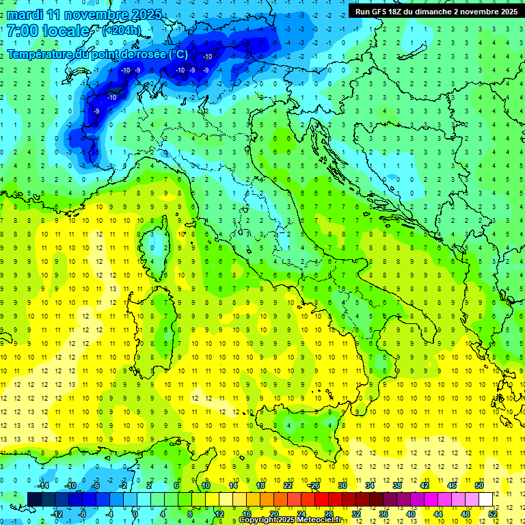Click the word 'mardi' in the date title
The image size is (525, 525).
pos(24,14)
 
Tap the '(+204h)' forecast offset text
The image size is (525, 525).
pos(121,30)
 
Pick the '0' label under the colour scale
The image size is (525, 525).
pos(135,513)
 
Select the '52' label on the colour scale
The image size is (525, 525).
pos(493,513)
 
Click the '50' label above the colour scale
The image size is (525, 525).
pos(479,485)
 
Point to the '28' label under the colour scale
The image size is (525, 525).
pos(328,513)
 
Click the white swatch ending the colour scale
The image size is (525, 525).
pos(485,499)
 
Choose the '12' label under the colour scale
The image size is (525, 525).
pos(219,513)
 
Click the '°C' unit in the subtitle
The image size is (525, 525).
pos(177,54)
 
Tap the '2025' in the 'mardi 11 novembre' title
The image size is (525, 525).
pos(146,14)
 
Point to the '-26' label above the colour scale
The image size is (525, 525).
pos(314,485)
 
